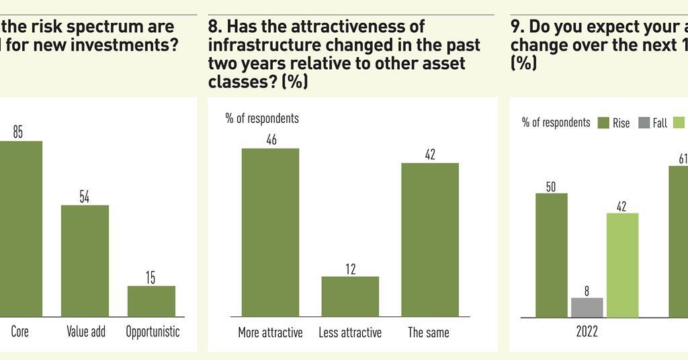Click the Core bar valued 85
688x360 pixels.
pyautogui.click(x=20, y=228)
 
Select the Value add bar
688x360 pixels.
pyautogui.click(x=85, y=261)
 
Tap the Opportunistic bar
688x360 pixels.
pyautogui.click(x=151, y=301)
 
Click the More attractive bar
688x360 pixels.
pyautogui.click(x=270, y=232)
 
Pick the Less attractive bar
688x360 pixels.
pyautogui.click(x=350, y=296)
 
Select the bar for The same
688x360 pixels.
pyautogui.click(x=430, y=239)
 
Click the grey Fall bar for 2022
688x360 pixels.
pyautogui.click(x=587, y=307)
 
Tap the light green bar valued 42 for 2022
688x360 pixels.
pyautogui.click(x=622, y=265)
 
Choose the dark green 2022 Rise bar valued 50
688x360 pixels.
pyautogui.click(x=551, y=255)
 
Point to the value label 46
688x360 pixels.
pyautogui.click(x=271, y=140)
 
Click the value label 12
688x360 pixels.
pyautogui.click(x=350, y=269)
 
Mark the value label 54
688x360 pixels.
pyautogui.click(x=85, y=197)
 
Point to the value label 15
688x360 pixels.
pyautogui.click(x=150, y=278)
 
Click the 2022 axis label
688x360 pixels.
pyautogui.click(x=587, y=332)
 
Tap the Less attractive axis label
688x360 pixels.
pyautogui.click(x=349, y=332)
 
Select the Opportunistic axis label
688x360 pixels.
pyautogui.click(x=153, y=332)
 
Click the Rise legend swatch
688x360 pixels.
pyautogui.click(x=602, y=123)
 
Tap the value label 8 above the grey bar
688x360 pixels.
pyautogui.click(x=587, y=291)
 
